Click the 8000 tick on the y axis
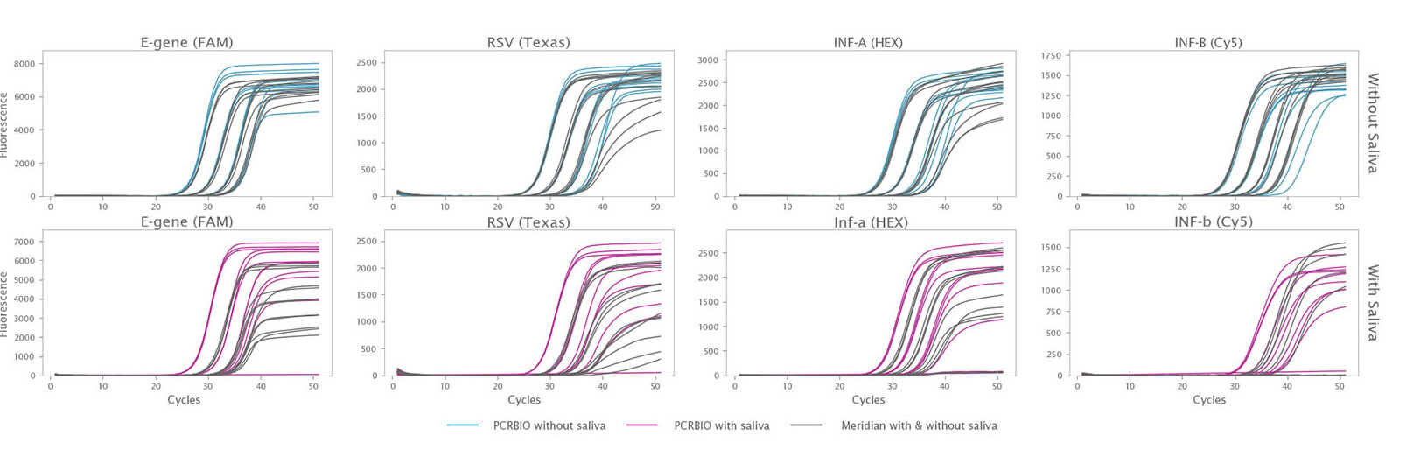[24, 64]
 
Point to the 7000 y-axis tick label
[24, 242]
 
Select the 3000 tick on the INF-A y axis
[708, 60]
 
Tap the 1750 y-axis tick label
[1051, 56]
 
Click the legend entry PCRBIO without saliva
[549, 426]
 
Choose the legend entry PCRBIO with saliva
[721, 426]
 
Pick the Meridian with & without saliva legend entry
[919, 426]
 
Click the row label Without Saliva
[1373, 123]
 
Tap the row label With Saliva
[1373, 302]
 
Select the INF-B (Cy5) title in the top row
[1208, 42]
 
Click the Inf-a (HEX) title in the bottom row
[871, 222]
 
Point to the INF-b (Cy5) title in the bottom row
[1213, 222]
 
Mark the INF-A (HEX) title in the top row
[868, 42]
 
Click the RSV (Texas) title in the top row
[528, 42]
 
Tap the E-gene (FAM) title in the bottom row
[187, 222]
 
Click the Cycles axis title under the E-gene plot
[184, 400]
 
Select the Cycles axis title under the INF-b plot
[1209, 400]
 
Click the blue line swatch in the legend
[463, 425]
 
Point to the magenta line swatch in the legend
[641, 425]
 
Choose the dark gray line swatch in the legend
[806, 425]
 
